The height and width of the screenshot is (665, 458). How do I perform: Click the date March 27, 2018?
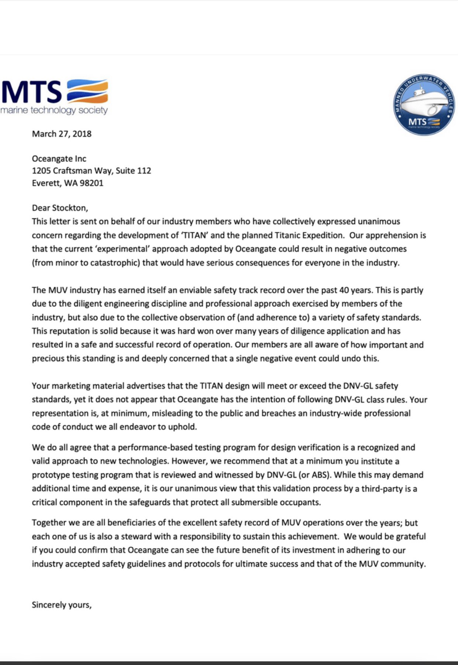(x=62, y=134)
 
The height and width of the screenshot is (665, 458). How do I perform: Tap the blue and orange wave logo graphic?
(x=87, y=91)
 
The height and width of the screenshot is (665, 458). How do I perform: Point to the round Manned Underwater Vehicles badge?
(x=424, y=104)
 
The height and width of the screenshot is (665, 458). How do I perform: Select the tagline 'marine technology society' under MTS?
(x=54, y=110)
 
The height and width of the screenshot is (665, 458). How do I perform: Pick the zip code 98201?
(x=91, y=183)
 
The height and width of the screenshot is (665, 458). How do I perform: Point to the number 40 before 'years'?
(x=344, y=290)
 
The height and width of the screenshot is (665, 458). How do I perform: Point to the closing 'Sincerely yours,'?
(x=62, y=605)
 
